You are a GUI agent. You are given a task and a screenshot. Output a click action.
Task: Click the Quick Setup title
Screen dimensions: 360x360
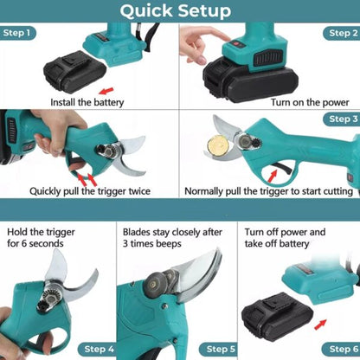(176, 11)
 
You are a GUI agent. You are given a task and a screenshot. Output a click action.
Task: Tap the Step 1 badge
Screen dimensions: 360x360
(18, 34)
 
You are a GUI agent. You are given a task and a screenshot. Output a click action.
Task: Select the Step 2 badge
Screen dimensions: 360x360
(340, 34)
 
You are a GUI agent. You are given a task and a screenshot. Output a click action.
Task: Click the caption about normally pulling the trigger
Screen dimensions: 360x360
(268, 191)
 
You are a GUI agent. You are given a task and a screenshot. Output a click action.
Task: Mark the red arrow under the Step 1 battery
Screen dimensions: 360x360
(106, 89)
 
